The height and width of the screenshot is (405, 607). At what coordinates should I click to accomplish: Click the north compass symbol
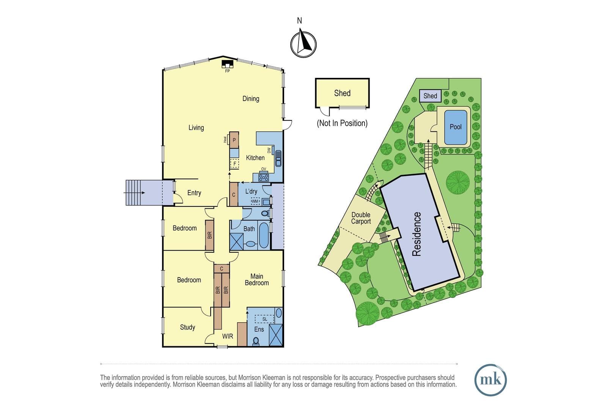[303, 44]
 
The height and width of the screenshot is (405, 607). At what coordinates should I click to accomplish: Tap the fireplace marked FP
[227, 64]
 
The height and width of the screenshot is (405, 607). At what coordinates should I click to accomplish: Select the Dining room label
[251, 99]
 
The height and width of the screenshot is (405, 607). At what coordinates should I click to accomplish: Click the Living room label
[196, 128]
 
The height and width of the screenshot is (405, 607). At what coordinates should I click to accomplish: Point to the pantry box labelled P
[234, 140]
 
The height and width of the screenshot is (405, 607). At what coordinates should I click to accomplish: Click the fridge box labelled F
[234, 164]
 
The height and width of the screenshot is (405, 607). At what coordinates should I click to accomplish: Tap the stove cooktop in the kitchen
[263, 178]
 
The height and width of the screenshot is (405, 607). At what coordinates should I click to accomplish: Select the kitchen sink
[278, 159]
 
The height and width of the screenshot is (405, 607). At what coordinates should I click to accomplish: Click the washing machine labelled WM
[255, 202]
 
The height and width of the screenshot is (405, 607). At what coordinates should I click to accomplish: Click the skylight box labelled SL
[265, 319]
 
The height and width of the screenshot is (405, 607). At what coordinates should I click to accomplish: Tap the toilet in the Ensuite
[256, 341]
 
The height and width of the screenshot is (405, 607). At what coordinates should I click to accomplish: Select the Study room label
[187, 327]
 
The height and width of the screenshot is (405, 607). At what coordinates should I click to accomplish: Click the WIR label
[228, 336]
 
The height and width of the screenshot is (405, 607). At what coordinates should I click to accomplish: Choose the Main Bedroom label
[256, 279]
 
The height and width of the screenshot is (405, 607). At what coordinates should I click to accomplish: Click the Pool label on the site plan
[456, 127]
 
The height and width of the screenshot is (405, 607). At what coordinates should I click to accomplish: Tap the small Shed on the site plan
[430, 96]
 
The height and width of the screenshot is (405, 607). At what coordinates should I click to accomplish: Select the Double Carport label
[361, 218]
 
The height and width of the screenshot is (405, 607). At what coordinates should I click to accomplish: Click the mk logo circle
[491, 380]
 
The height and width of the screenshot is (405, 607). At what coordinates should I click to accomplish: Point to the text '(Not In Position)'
[342, 123]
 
